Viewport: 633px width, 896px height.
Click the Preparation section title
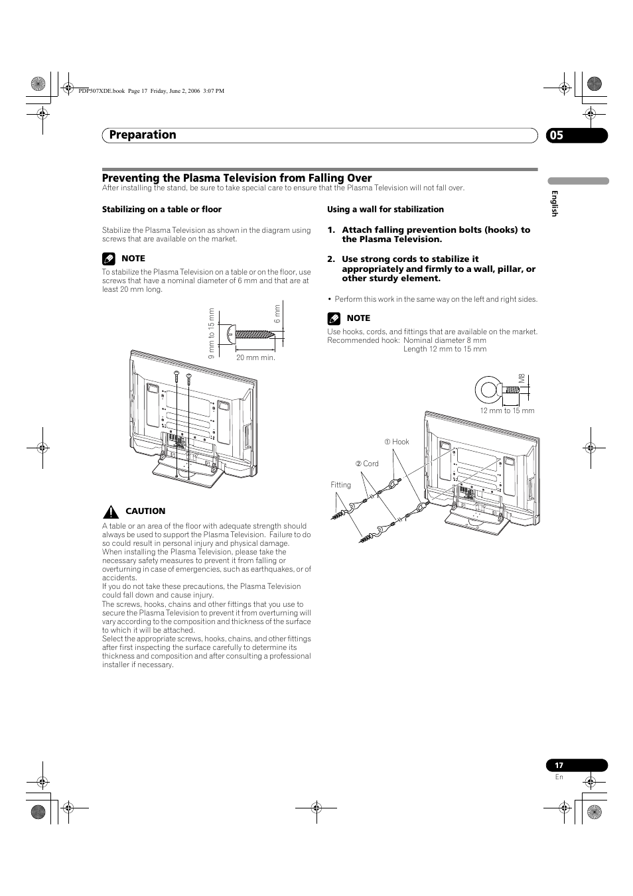[143, 135]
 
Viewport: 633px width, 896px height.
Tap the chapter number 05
[556, 135]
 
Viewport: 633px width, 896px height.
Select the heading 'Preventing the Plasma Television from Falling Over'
[237, 178]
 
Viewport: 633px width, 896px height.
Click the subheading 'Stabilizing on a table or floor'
[161, 210]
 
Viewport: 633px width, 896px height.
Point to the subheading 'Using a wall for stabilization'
[385, 210]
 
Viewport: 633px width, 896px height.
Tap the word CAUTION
[145, 511]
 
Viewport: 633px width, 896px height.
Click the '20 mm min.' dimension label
[255, 357]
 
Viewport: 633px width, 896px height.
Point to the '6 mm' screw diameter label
[278, 314]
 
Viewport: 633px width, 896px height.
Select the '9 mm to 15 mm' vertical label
[211, 334]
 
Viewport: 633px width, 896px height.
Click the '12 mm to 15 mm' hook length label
[507, 411]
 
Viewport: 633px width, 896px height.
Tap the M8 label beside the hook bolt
[522, 379]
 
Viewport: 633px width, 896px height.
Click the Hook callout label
[397, 442]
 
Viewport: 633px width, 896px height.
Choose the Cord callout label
[367, 464]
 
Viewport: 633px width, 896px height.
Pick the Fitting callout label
[340, 485]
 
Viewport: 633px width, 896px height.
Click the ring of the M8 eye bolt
[488, 389]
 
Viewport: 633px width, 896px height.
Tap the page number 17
[559, 765]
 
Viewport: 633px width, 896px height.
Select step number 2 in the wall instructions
[330, 259]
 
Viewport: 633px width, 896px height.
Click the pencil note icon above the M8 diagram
[334, 318]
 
